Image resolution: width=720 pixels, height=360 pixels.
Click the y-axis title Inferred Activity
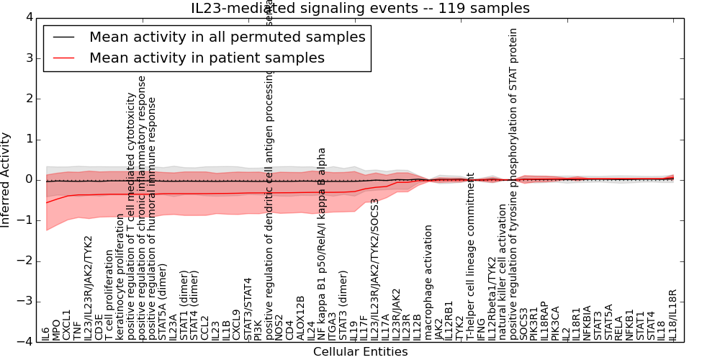(6, 179)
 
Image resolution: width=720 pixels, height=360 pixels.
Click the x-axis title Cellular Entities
(360, 352)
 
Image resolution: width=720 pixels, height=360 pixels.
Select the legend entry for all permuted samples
(227, 37)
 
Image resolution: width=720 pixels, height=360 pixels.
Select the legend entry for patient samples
(207, 58)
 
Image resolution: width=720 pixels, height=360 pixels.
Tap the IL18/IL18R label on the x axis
(673, 315)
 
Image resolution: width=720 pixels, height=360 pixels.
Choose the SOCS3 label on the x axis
(524, 327)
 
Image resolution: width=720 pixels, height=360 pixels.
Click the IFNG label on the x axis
(482, 330)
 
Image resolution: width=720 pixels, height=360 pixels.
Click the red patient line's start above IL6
(46, 202)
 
